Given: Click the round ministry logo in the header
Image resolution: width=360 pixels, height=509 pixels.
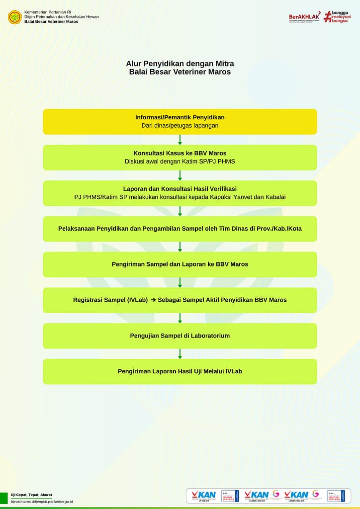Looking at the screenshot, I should point(14,17).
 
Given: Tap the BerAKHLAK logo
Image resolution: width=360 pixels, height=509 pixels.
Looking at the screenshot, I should point(304,16).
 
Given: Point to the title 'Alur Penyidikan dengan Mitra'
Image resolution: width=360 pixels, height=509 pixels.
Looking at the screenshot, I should point(180,64).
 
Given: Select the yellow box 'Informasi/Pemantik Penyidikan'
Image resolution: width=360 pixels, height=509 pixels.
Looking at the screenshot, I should point(180,122).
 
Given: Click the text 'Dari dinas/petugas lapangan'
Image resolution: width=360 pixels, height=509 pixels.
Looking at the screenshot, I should point(180,126).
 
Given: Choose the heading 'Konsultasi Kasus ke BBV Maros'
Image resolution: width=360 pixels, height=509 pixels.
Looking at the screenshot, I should point(180,153).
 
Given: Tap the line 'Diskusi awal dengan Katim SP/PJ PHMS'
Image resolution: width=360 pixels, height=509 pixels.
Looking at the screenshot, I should point(180,162).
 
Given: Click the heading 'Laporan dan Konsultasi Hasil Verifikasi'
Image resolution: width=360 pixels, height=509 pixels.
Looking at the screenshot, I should point(180,189).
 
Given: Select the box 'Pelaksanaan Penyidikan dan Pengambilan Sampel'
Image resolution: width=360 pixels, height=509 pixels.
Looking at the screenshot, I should point(180,229).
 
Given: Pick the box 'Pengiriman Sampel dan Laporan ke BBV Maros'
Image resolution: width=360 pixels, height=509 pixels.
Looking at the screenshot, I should point(180,264).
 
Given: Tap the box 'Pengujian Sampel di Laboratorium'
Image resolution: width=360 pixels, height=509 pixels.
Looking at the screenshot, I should point(180,336).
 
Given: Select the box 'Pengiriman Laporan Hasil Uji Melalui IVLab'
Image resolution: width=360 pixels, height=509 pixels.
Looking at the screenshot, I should point(180,371).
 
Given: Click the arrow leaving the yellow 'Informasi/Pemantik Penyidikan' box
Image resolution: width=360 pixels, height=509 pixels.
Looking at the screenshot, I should point(180,140).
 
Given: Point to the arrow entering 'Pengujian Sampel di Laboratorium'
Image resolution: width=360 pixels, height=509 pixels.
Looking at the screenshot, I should point(180,318).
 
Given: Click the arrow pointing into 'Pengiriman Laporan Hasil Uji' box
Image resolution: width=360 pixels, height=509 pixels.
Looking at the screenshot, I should point(180,354).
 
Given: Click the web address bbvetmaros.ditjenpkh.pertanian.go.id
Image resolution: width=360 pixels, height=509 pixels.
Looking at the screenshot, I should point(42,502).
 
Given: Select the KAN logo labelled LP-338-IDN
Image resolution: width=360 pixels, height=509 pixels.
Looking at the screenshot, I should point(203,496).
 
